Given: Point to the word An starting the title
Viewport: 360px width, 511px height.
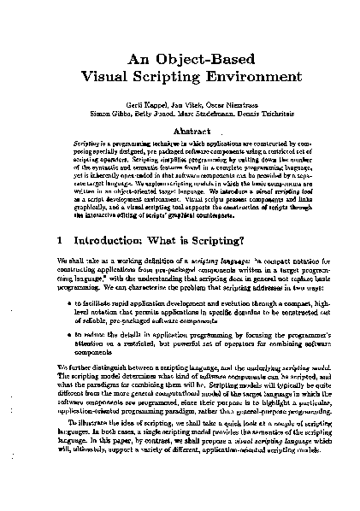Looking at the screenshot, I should point(139,60).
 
